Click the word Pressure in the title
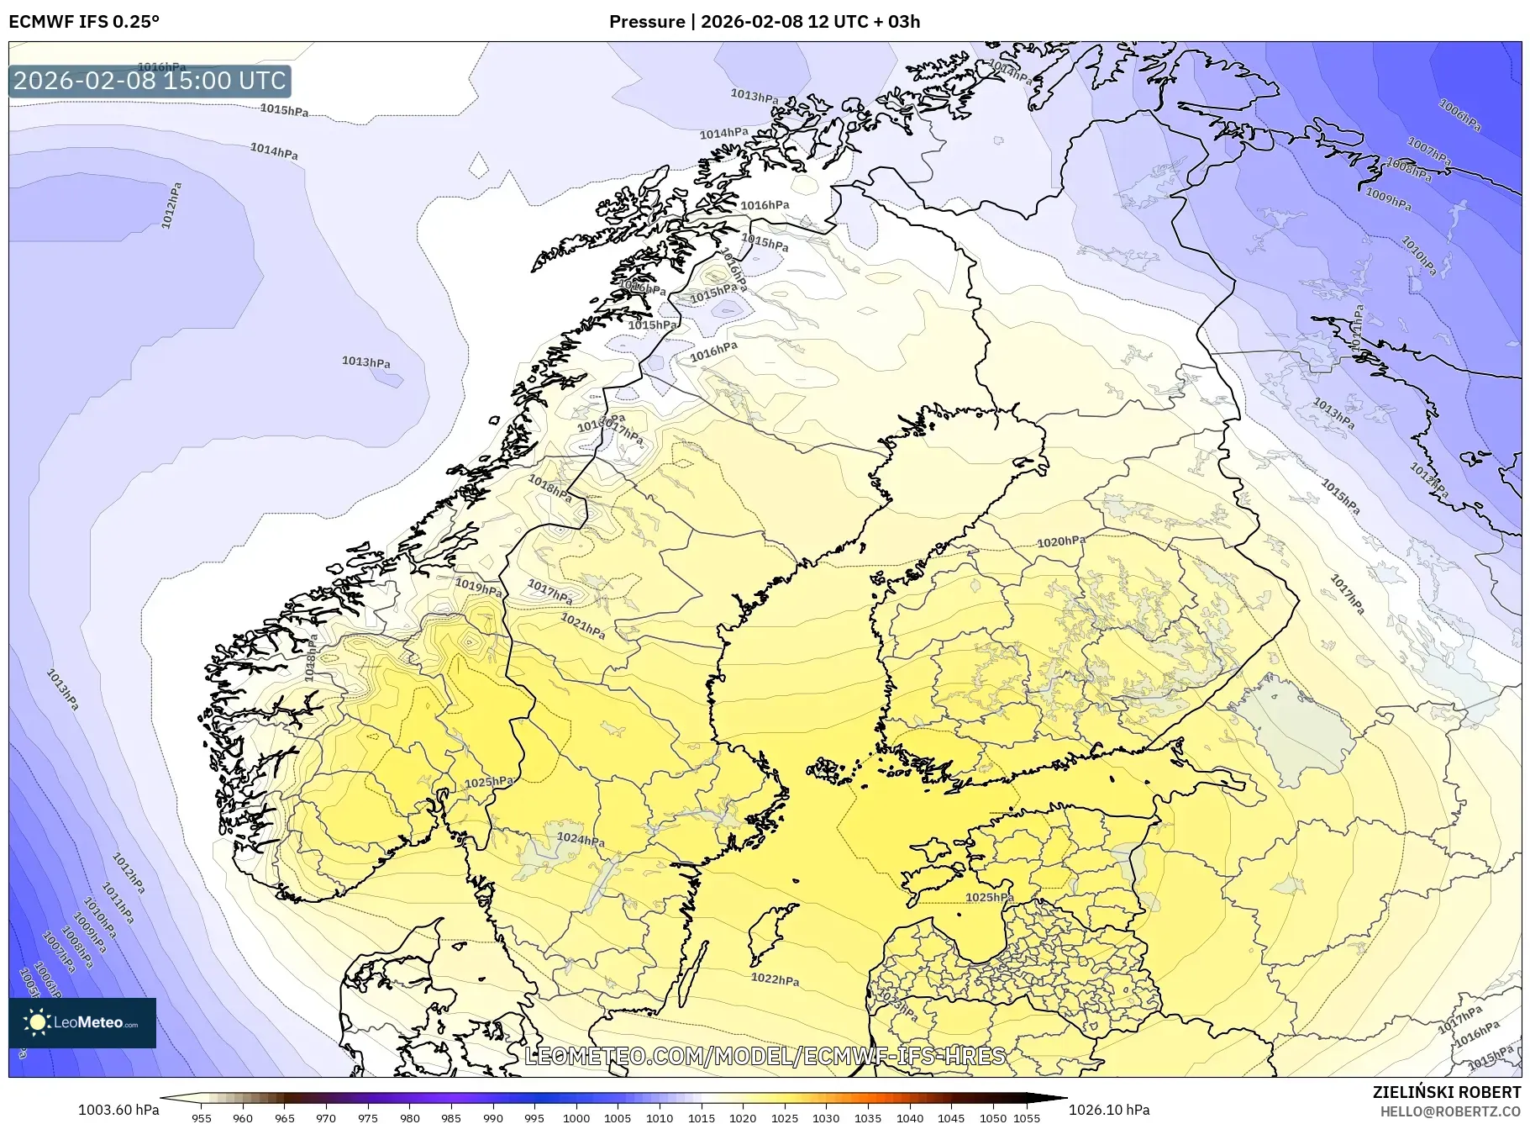(646, 21)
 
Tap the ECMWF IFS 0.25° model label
(84, 21)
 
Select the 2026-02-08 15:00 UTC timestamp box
(150, 81)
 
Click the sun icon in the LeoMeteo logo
(37, 1022)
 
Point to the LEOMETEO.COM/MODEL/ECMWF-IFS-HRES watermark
(765, 1056)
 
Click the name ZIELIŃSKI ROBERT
(1446, 1092)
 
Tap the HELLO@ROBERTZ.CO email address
(1449, 1111)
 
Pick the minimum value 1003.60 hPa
(118, 1110)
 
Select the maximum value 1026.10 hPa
(1109, 1110)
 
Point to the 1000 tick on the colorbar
(576, 1118)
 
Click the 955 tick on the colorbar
(202, 1118)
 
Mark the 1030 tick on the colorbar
(826, 1118)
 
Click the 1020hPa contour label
(1060, 542)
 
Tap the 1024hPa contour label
(581, 839)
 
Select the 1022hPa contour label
(775, 979)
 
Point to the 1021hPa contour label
(583, 626)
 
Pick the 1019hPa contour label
(478, 586)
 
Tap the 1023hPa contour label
(897, 1004)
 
